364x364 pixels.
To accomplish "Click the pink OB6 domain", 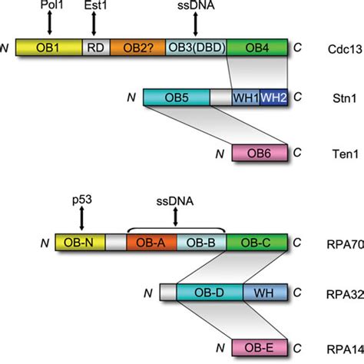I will (x=261, y=151).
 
